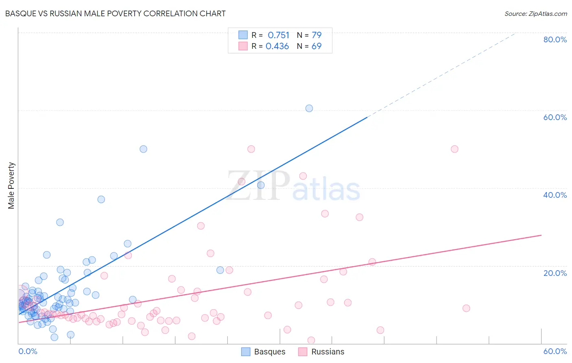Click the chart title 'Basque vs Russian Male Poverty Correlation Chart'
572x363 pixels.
pyautogui.click(x=115, y=13)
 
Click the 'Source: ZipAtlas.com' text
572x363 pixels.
pyautogui.click(x=535, y=13)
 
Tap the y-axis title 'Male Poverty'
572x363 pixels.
pyautogui.click(x=11, y=186)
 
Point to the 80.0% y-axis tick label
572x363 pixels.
pyautogui.click(x=555, y=39)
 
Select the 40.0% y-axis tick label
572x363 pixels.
pyautogui.click(x=555, y=195)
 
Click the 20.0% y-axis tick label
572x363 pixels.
pyautogui.click(x=555, y=273)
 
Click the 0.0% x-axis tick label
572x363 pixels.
pyautogui.click(x=28, y=351)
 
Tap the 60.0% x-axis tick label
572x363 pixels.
pyautogui.click(x=555, y=351)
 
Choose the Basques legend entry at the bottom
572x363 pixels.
pyautogui.click(x=263, y=352)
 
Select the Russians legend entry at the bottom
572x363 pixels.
pyautogui.click(x=321, y=352)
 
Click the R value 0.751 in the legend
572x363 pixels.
pyautogui.click(x=278, y=35)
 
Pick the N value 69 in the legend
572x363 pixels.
pyautogui.click(x=317, y=46)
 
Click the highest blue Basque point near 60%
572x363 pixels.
pyautogui.click(x=309, y=108)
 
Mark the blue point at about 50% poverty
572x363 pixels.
pyautogui.click(x=143, y=149)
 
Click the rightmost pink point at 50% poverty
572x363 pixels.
pyautogui.click(x=454, y=149)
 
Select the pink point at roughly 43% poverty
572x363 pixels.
pyautogui.click(x=303, y=176)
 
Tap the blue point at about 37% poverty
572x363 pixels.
pyautogui.click(x=101, y=199)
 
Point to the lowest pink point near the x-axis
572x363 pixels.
pyautogui.click(x=311, y=340)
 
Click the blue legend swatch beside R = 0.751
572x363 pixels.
pyautogui.click(x=243, y=35)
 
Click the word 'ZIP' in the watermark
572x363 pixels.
pyautogui.click(x=258, y=185)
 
